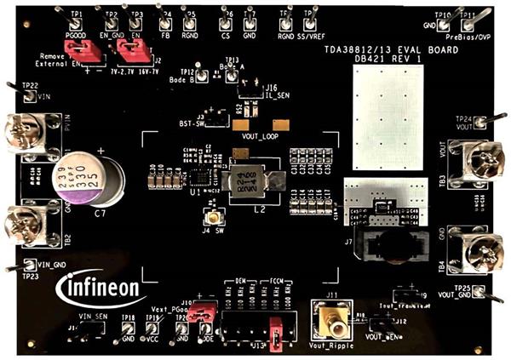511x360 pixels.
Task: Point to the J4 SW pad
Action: point(208,226)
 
